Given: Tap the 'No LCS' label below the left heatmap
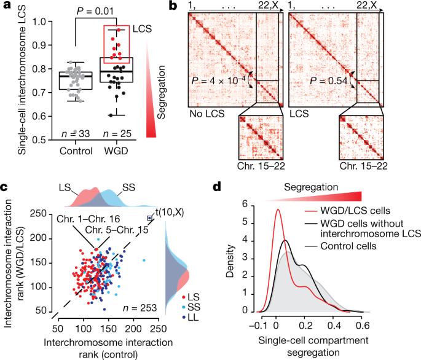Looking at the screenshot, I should coord(207,114).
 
